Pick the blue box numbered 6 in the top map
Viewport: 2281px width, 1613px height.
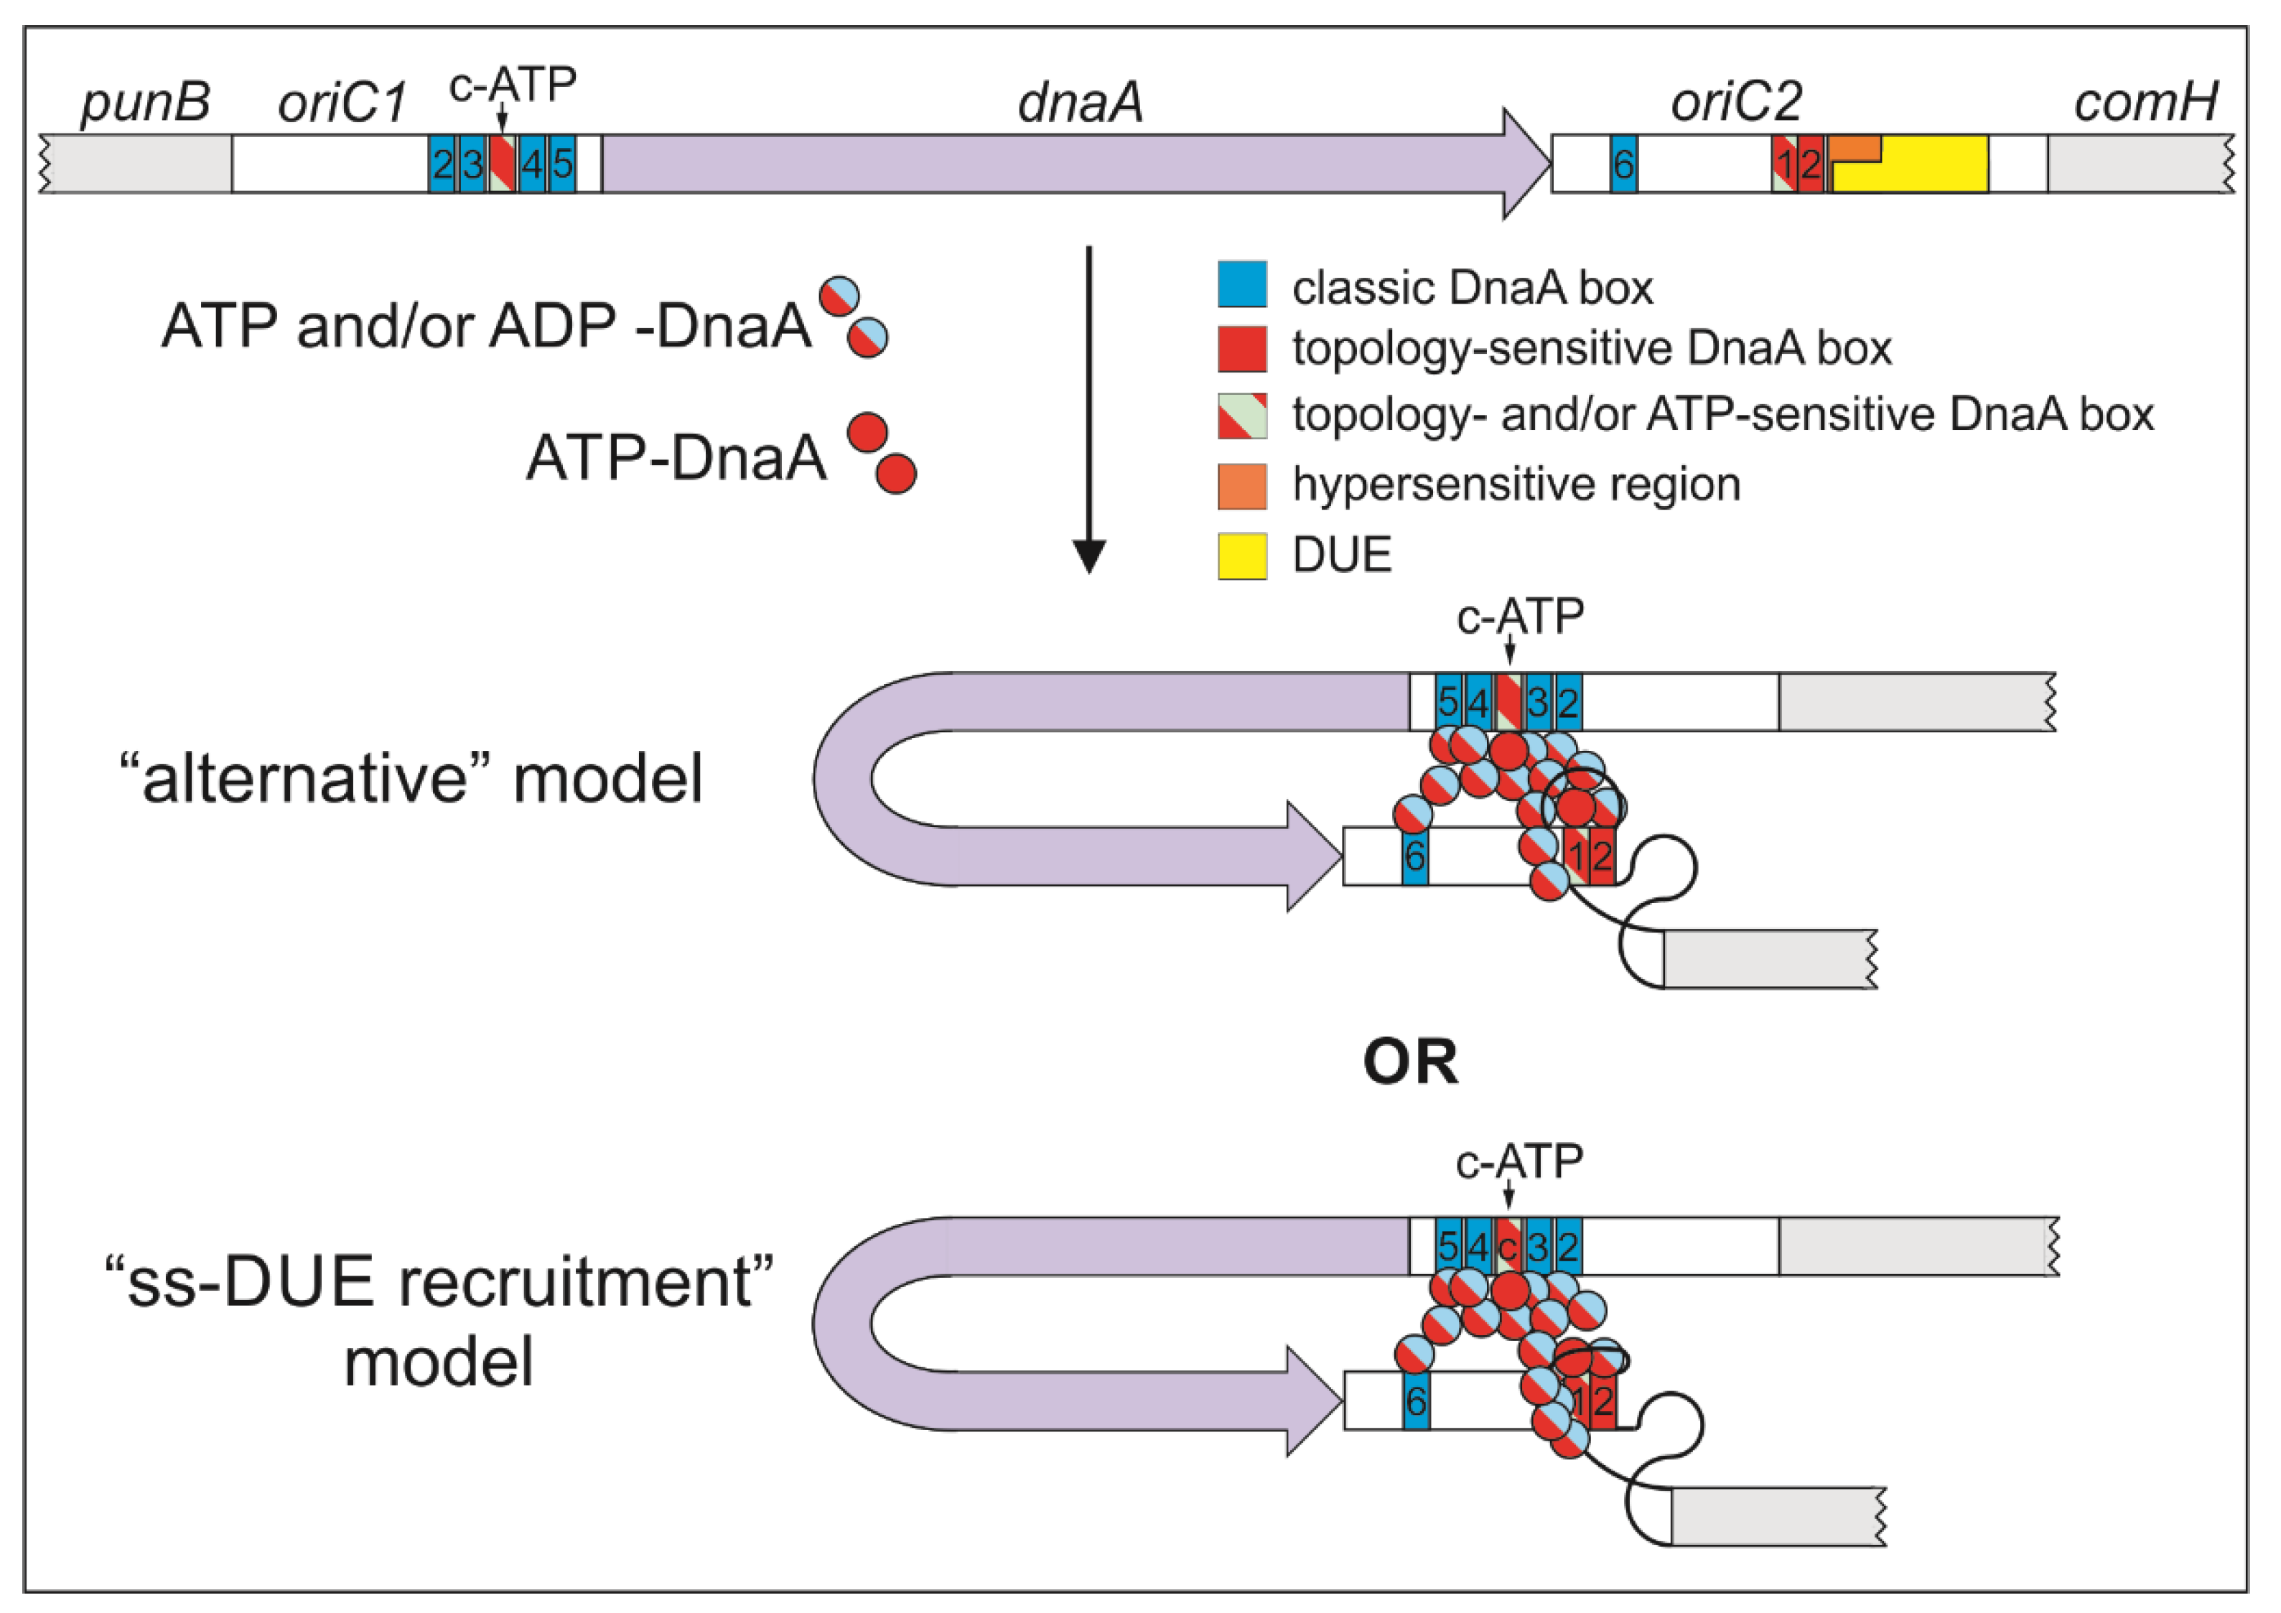(x=1623, y=164)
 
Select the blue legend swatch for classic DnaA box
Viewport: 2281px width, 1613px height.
(x=1242, y=284)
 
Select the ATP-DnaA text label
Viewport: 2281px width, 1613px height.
(x=676, y=459)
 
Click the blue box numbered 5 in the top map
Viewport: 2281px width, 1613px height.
(x=562, y=164)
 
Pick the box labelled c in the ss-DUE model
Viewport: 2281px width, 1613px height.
(x=1508, y=1245)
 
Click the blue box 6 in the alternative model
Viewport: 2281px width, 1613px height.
(x=1414, y=855)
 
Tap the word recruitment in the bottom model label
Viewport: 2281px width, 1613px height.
(x=585, y=1282)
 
